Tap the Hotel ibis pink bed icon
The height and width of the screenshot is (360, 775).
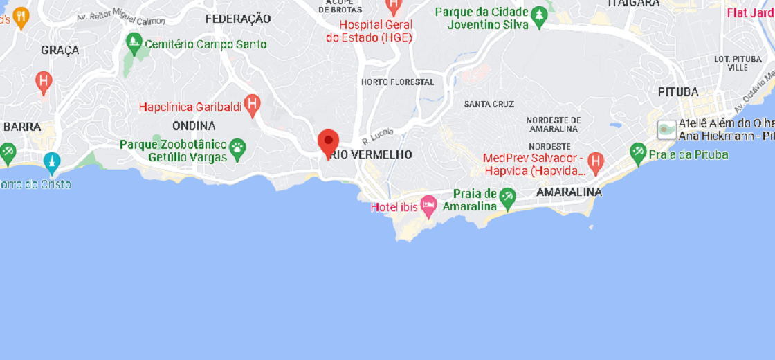coord(429,205)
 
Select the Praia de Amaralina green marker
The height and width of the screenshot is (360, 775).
coord(507,197)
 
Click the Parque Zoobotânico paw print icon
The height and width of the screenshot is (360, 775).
coord(237,148)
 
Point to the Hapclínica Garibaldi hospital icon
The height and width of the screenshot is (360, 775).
coord(253,105)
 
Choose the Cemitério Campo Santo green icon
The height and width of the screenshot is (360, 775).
coord(134,44)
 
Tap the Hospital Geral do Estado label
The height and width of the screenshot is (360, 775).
coord(368,31)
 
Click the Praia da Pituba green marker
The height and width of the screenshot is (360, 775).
coord(638,152)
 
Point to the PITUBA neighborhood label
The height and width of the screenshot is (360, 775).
coord(677,92)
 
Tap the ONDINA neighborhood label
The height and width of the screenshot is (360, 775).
coord(194,126)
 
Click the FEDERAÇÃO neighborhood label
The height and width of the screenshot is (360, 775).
coord(238,19)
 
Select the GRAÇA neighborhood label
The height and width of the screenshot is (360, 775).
coord(60,50)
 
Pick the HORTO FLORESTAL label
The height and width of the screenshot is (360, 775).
coord(397,82)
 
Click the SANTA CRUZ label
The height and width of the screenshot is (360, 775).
coord(489,105)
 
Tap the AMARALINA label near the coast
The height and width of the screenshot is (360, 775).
coord(569,192)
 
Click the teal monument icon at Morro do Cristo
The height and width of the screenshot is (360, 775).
coord(52,163)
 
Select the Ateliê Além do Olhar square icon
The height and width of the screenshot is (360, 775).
coord(666,129)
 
